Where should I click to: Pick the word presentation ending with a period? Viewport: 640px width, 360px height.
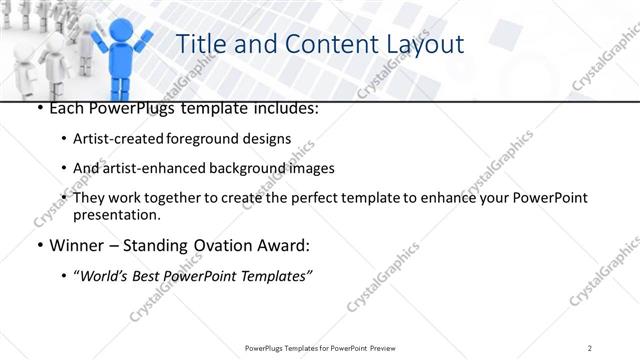[x=116, y=214]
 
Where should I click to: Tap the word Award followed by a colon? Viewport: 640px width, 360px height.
[x=285, y=245]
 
